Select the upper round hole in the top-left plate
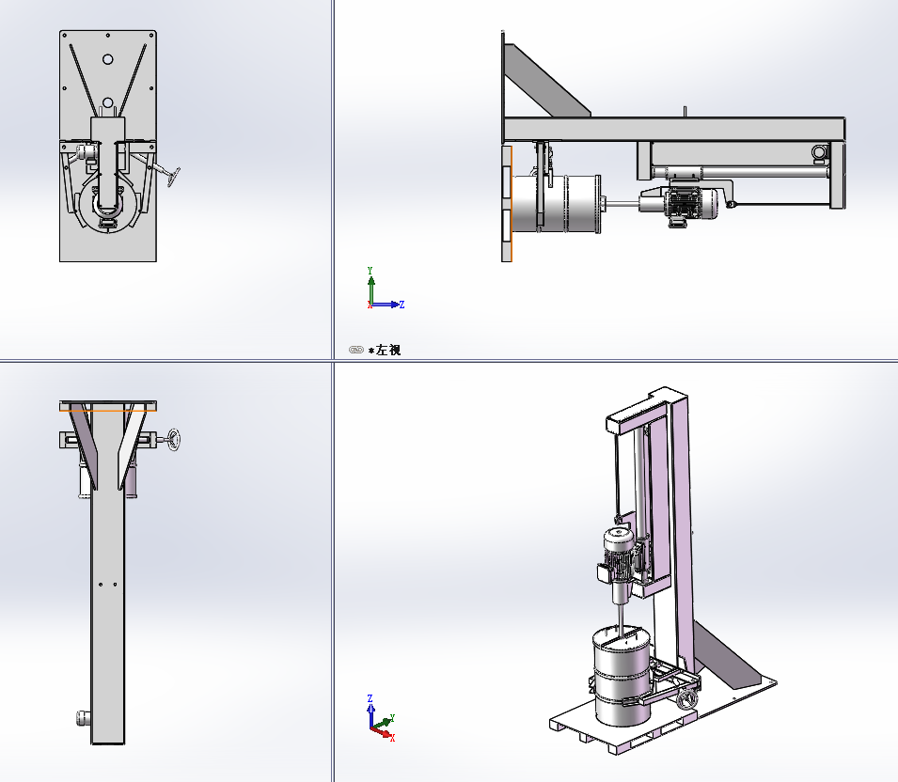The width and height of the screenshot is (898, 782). click(x=108, y=59)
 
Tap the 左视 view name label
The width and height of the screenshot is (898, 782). click(x=388, y=350)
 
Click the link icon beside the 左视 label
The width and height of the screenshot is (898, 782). click(x=356, y=350)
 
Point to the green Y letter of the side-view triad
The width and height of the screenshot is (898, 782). click(x=370, y=270)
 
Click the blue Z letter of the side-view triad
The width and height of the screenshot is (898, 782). click(x=402, y=305)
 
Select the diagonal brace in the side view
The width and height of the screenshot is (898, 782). click(x=547, y=81)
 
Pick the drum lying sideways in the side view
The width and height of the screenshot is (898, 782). click(x=556, y=204)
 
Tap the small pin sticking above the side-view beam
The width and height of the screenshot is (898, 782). click(x=685, y=111)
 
